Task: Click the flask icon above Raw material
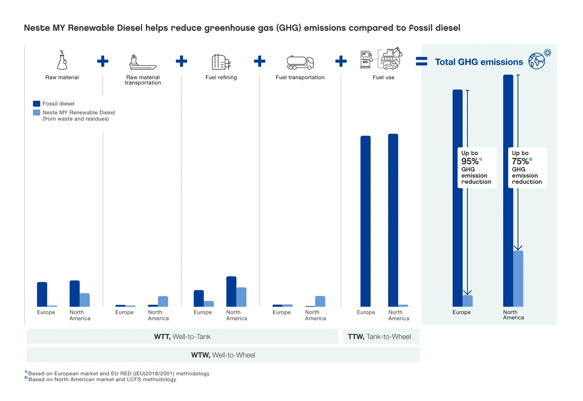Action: [61, 61]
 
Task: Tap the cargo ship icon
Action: [143, 62]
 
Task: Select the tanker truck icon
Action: [300, 62]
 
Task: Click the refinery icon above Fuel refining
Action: [221, 62]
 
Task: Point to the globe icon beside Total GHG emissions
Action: [537, 61]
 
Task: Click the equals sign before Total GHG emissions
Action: [421, 62]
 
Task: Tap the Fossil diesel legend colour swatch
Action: [37, 104]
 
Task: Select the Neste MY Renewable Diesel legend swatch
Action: [37, 112]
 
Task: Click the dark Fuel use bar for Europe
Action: [365, 221]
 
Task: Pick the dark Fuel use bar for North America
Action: [393, 220]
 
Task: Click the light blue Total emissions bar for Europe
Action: [468, 301]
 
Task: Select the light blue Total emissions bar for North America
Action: [518, 278]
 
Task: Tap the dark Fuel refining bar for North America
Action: [231, 291]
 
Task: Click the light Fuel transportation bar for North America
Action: [320, 301]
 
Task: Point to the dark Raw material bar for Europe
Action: [42, 294]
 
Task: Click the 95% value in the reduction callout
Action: [470, 161]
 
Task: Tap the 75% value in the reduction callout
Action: [521, 161]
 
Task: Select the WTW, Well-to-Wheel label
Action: [223, 355]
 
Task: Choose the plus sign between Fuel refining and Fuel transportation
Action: [260, 61]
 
